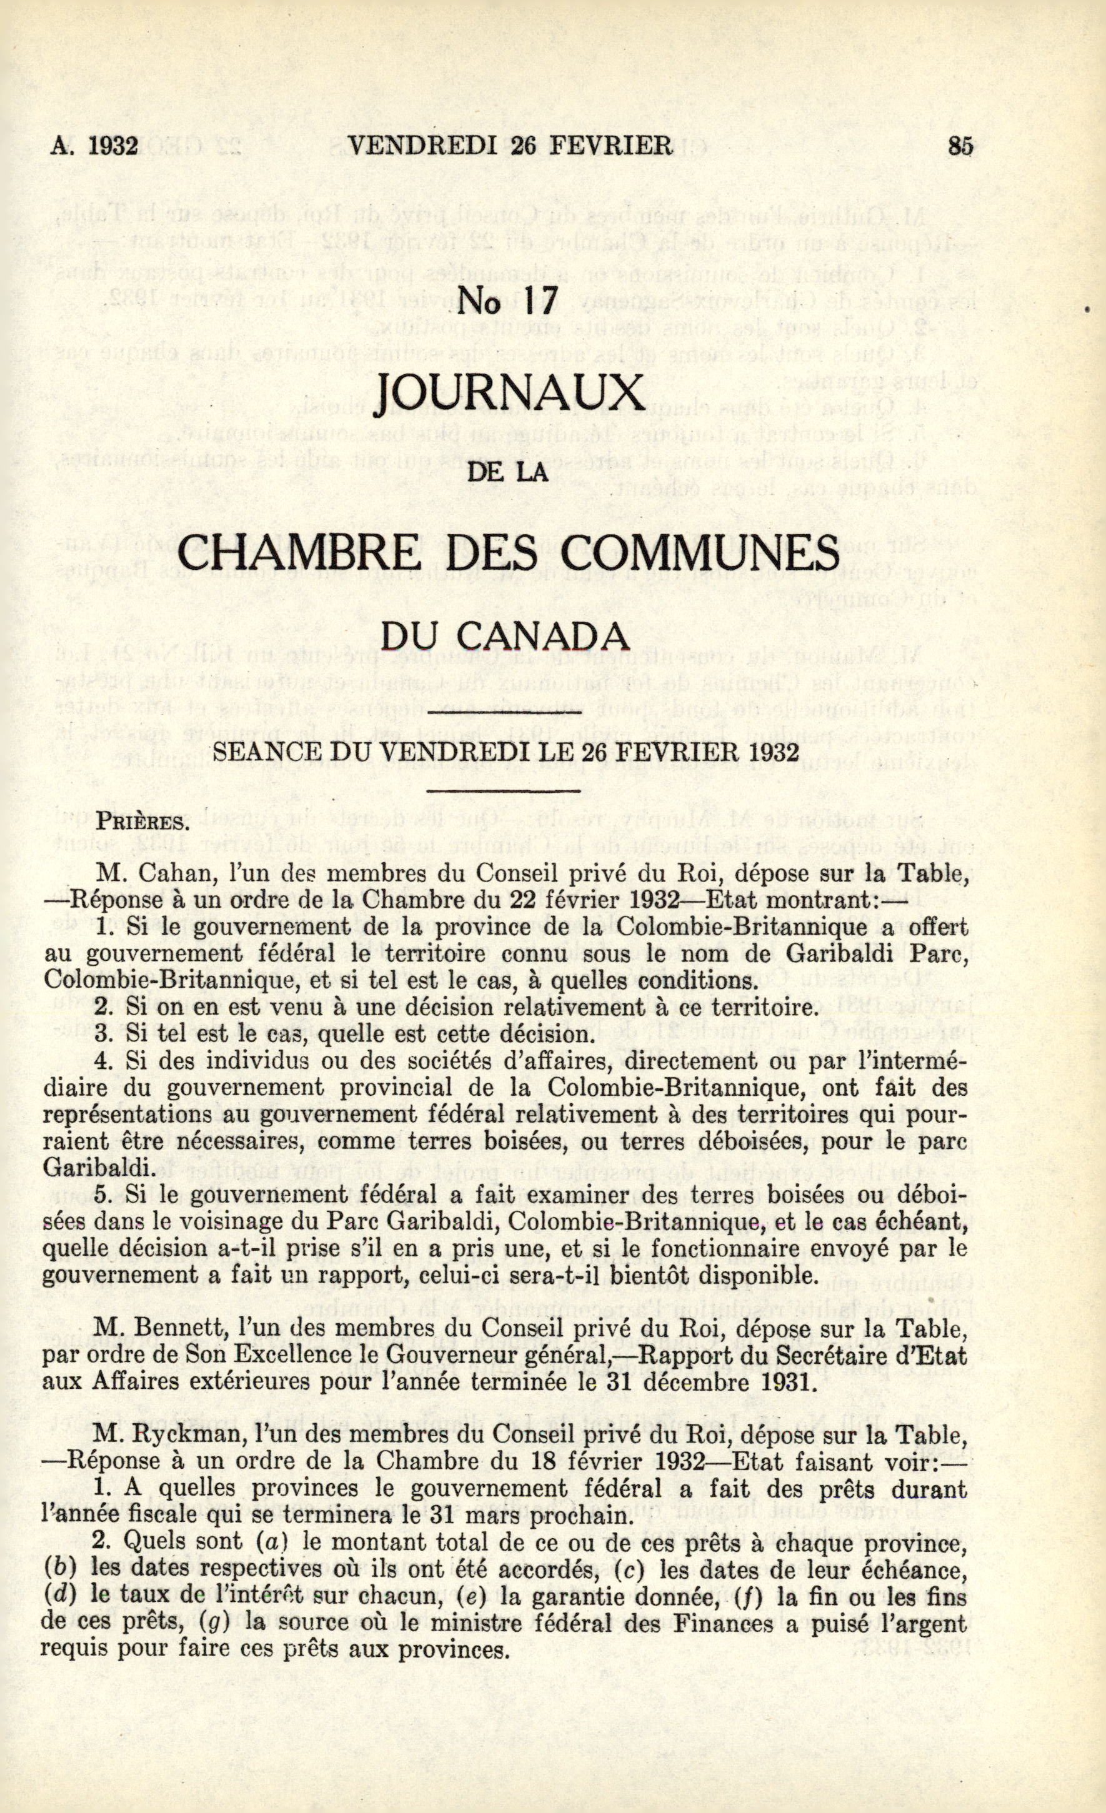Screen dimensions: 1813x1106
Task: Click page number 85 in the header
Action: click(x=960, y=146)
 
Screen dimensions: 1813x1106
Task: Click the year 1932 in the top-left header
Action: click(x=112, y=146)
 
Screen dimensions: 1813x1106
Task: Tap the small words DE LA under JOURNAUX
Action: click(x=510, y=471)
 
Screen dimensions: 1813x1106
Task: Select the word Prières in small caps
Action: click(x=144, y=820)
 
